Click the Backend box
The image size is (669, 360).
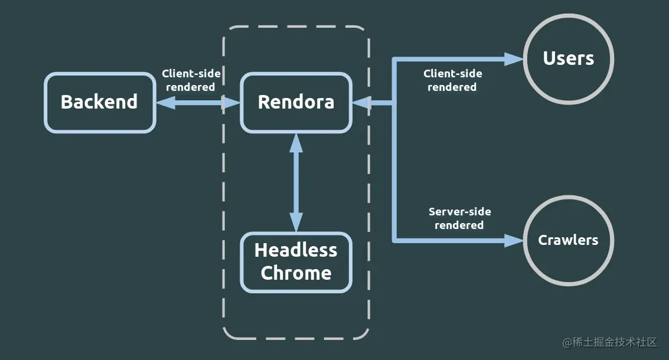click(x=99, y=102)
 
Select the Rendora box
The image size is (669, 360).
click(x=296, y=102)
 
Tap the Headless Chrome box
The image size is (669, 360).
click(x=296, y=262)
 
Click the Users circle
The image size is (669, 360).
click(x=569, y=59)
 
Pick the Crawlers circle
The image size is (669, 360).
click(x=568, y=240)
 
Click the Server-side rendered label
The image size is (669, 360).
click(x=459, y=218)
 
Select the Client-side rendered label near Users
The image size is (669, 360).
click(x=452, y=80)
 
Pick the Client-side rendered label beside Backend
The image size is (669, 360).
click(x=191, y=80)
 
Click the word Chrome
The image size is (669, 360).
click(x=296, y=273)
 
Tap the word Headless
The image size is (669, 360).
click(x=296, y=250)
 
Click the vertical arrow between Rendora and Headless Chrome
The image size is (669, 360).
click(x=296, y=182)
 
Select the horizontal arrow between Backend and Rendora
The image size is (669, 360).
click(x=198, y=103)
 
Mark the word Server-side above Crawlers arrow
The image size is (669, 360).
click(x=459, y=212)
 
